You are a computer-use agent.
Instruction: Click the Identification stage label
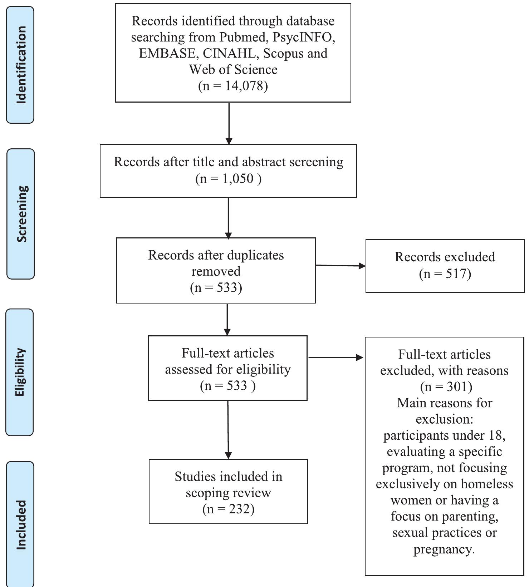pyautogui.click(x=21, y=65)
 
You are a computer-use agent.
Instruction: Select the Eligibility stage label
pyautogui.click(x=20, y=372)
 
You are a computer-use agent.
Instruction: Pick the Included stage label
pyautogui.click(x=21, y=524)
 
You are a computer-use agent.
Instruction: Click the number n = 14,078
pyautogui.click(x=233, y=86)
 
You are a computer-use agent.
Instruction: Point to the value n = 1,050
pyautogui.click(x=228, y=178)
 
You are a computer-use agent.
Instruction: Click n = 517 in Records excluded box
pyautogui.click(x=445, y=274)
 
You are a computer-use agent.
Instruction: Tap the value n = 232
pyautogui.click(x=228, y=509)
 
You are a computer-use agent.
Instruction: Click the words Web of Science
pyautogui.click(x=233, y=69)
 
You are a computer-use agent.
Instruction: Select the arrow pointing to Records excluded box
pyautogui.click(x=341, y=266)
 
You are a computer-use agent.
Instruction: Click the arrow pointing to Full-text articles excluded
pyautogui.click(x=335, y=357)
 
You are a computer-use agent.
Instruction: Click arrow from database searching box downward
pyautogui.click(x=229, y=123)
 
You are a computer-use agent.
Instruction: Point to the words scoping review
pyautogui.click(x=228, y=493)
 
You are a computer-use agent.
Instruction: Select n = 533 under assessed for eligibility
pyautogui.click(x=227, y=386)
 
